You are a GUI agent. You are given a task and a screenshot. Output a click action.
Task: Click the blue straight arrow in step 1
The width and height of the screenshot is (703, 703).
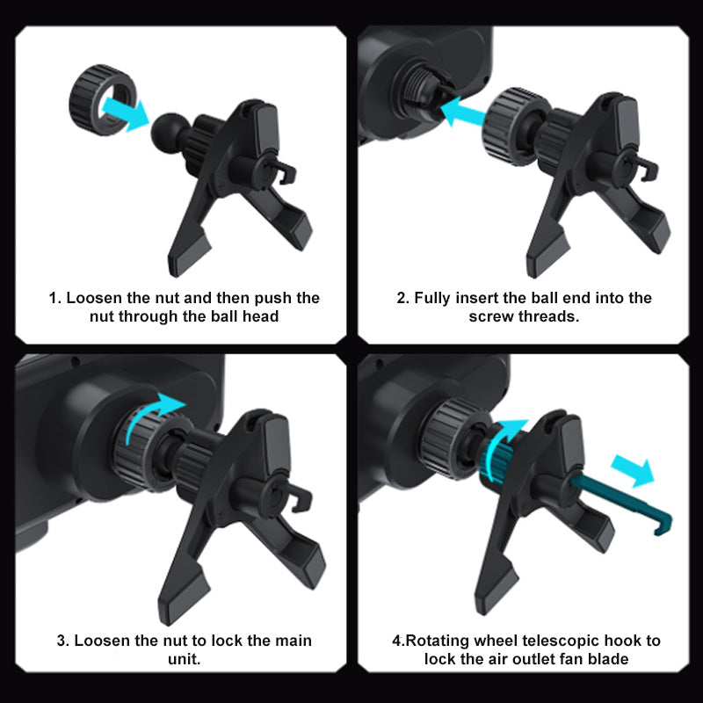(125, 113)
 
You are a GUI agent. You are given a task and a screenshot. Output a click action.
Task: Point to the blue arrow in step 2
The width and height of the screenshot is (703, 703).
(463, 111)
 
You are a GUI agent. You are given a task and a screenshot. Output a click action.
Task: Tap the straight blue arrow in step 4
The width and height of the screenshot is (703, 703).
(633, 471)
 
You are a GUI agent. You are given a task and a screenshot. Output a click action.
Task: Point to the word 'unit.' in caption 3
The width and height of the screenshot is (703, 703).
(185, 659)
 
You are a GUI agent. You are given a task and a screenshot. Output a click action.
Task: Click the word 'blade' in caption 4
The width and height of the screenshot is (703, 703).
(608, 659)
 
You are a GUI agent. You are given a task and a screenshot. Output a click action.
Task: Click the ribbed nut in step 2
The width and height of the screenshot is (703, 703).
(508, 127)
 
